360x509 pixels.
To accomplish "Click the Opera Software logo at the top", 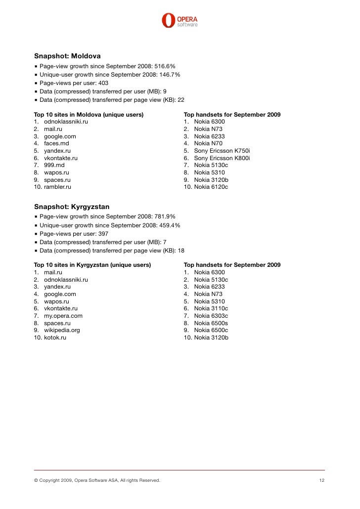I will [x=180, y=21].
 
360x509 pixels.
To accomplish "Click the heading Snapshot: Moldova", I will [x=67, y=56].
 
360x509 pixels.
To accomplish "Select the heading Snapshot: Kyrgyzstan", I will [x=71, y=207].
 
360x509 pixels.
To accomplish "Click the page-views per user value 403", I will [x=103, y=83].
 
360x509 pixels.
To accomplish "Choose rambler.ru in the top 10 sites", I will [x=57, y=187].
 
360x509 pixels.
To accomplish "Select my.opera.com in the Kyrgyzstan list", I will [x=63, y=316].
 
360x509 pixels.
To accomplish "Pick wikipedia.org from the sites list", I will [x=62, y=330].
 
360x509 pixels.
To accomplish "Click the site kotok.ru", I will [x=55, y=338].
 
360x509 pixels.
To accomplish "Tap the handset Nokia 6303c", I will [x=211, y=316].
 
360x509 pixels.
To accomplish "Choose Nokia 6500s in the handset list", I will [x=211, y=323].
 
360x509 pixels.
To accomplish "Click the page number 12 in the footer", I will [x=321, y=480].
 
